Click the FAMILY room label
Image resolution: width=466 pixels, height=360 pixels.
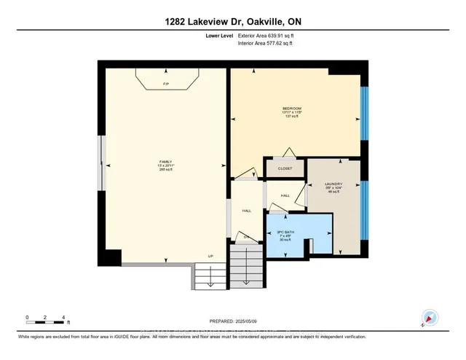(165, 162)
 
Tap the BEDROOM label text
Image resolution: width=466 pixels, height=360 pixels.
(291, 109)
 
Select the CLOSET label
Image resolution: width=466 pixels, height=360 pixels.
(285, 168)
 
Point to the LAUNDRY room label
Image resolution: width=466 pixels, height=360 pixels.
(333, 185)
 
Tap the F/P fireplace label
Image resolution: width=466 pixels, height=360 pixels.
(165, 85)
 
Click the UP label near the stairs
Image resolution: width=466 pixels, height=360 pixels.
(211, 256)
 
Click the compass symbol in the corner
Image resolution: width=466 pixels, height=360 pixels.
(430, 318)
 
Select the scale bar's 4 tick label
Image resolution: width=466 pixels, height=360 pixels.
(65, 318)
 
